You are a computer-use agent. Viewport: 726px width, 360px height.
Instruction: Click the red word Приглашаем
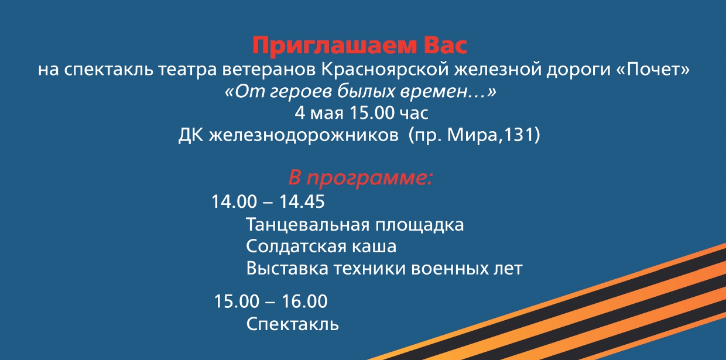pyautogui.click(x=334, y=46)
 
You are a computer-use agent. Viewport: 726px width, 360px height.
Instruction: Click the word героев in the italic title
pyautogui.click(x=300, y=92)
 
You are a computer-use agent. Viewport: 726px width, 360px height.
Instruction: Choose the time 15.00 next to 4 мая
pyautogui.click(x=372, y=113)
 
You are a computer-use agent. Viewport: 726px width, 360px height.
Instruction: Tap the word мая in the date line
pyautogui.click(x=327, y=114)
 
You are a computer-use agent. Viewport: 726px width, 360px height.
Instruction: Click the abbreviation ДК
pyautogui.click(x=191, y=135)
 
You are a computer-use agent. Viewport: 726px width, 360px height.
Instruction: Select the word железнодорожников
pyautogui.click(x=304, y=135)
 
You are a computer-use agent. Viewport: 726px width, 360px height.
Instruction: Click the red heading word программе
pyautogui.click(x=370, y=179)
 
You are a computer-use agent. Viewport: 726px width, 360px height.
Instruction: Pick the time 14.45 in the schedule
pyautogui.click(x=302, y=201)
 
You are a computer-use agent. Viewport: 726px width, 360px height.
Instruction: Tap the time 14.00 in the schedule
pyautogui.click(x=234, y=201)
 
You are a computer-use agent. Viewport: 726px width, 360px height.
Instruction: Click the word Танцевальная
pyautogui.click(x=307, y=225)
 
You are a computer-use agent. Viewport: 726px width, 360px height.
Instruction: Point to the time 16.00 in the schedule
pyautogui.click(x=304, y=301)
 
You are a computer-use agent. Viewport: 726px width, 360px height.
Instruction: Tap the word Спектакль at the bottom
pyautogui.click(x=292, y=324)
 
